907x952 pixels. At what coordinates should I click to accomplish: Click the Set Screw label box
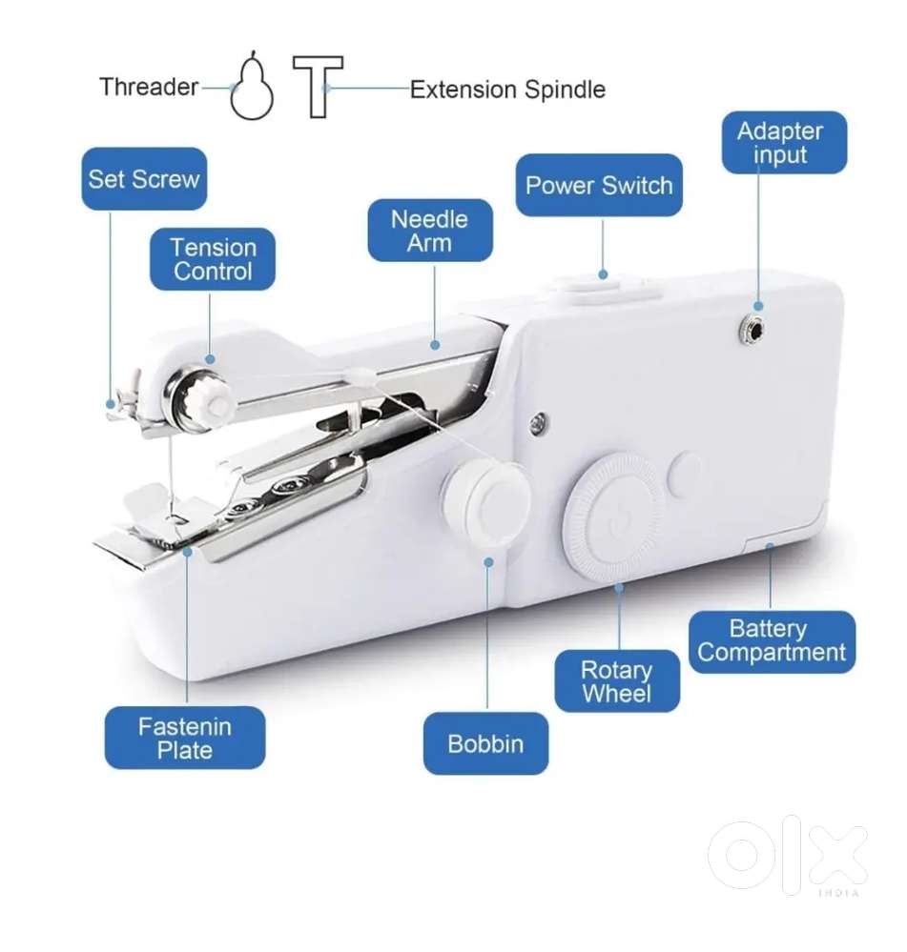click(x=144, y=179)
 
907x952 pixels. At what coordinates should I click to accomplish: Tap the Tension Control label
click(x=213, y=259)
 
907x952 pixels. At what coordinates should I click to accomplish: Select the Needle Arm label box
click(x=430, y=231)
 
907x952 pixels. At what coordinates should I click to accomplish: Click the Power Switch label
click(x=599, y=185)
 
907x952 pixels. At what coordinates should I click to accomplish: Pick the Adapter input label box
click(x=784, y=143)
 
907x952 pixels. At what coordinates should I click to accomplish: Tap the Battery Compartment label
click(x=773, y=641)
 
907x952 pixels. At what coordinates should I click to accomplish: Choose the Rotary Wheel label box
click(x=617, y=681)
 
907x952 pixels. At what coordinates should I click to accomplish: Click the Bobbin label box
click(x=486, y=743)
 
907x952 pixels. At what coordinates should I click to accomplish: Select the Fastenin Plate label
click(x=185, y=738)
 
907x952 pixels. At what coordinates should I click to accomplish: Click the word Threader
click(x=149, y=87)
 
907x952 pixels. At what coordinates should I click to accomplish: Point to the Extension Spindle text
click(x=508, y=90)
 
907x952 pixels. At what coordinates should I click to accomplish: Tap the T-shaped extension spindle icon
click(x=318, y=86)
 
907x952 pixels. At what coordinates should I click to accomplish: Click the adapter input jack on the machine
click(x=752, y=331)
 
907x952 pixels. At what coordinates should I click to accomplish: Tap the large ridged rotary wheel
click(x=617, y=518)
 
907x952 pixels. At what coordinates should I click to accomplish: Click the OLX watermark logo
click(x=788, y=854)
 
